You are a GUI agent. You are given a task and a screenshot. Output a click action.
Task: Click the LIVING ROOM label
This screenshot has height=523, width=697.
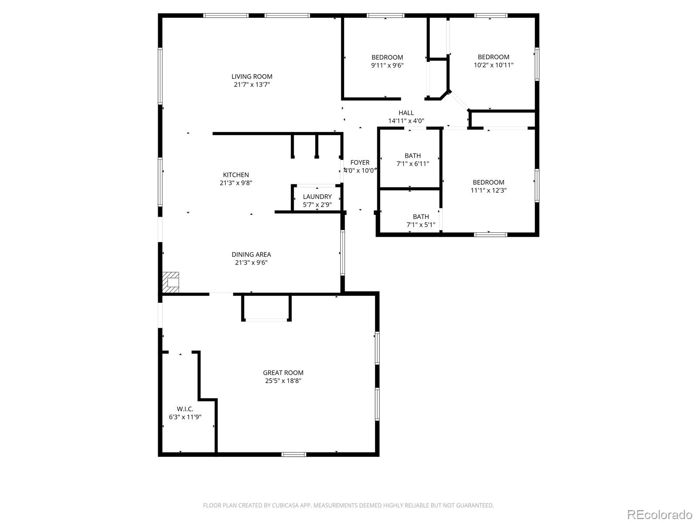(x=252, y=77)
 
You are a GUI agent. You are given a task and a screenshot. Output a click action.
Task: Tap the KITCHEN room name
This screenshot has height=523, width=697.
(x=236, y=175)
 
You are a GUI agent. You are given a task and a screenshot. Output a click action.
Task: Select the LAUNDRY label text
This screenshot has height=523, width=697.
(x=317, y=197)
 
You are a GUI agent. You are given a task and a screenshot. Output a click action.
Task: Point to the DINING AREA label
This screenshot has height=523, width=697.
(x=251, y=255)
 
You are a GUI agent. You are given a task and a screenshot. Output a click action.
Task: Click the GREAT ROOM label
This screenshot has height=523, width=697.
(x=283, y=373)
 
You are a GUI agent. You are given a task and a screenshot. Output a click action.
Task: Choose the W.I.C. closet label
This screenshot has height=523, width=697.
(x=185, y=409)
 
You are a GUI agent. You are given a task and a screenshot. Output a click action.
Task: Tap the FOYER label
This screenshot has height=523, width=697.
(x=360, y=163)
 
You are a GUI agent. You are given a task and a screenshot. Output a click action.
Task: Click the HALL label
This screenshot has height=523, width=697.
(x=406, y=113)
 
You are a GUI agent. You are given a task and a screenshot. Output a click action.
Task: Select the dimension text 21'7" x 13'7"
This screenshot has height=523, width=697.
(x=252, y=85)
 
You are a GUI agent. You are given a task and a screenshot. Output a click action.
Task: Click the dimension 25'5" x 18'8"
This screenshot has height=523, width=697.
(x=283, y=381)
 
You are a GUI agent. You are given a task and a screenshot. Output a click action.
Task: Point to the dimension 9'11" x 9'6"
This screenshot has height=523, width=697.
(x=387, y=65)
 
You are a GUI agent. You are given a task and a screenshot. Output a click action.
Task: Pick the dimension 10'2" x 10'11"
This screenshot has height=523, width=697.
(x=494, y=65)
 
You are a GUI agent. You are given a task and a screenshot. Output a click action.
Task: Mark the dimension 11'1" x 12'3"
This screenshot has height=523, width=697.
(x=488, y=190)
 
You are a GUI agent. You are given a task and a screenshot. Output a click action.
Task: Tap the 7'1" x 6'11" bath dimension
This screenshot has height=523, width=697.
(x=413, y=164)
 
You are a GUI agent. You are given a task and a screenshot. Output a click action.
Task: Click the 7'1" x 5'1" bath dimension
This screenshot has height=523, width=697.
(x=421, y=225)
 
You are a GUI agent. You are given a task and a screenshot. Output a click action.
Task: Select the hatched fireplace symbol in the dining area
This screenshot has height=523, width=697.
(x=171, y=282)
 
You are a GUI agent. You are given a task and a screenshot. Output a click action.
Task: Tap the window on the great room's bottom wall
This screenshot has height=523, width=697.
(x=294, y=455)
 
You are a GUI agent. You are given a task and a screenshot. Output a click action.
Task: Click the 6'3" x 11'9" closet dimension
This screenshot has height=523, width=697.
(x=185, y=417)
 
